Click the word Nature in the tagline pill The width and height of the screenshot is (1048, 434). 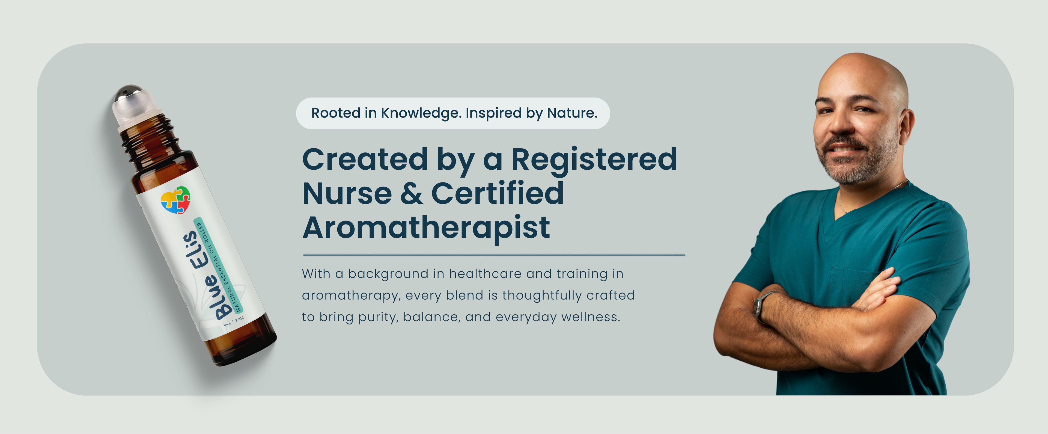pyautogui.click(x=572, y=113)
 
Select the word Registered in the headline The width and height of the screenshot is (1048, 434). pyautogui.click(x=594, y=160)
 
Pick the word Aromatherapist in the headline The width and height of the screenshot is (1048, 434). pyautogui.click(x=426, y=228)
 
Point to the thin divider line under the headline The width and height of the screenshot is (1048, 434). pyautogui.click(x=494, y=255)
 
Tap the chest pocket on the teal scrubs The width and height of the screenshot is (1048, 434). pyautogui.click(x=854, y=285)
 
